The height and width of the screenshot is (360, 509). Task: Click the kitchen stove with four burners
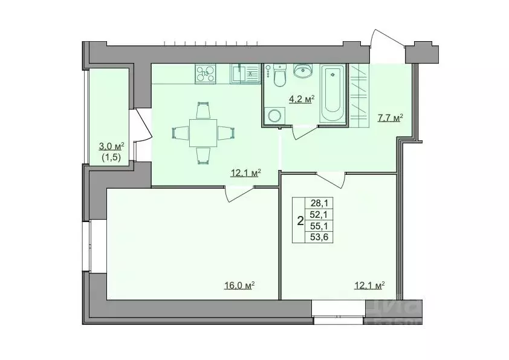click(205, 74)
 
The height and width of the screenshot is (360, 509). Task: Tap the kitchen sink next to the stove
click(244, 74)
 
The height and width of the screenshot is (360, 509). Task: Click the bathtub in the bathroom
click(332, 93)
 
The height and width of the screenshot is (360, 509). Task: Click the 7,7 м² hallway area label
click(390, 118)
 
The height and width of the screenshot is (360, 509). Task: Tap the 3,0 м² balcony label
click(111, 146)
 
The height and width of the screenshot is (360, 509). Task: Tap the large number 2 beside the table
click(300, 221)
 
